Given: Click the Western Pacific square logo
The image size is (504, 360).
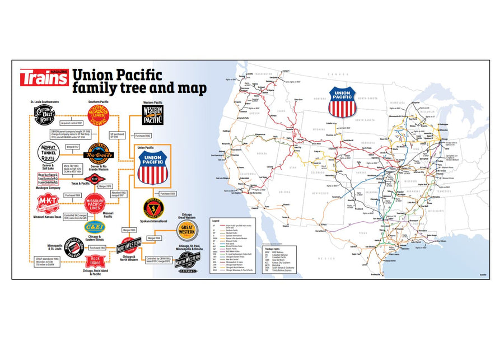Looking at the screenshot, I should tap(152, 114).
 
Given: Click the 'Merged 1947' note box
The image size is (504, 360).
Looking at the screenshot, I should tap(73, 146).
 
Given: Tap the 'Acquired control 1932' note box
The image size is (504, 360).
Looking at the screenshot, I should tap(71, 123).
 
